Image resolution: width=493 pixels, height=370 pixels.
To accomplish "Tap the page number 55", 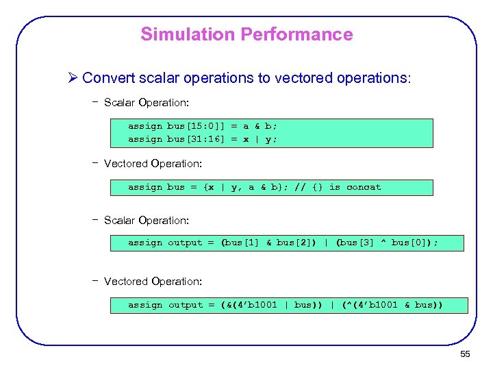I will pos(465,354).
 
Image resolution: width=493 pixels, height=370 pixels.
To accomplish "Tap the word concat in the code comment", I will pos(364,187).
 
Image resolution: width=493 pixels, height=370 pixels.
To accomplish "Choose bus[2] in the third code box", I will pos(293,243).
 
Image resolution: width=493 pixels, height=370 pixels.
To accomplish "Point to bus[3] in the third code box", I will pos(357,243).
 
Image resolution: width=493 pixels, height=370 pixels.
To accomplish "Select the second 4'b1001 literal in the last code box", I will pos(374,305).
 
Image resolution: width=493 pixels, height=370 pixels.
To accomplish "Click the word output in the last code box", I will pos(186,305).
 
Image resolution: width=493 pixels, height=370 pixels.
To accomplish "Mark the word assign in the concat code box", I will pos(144,187).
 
